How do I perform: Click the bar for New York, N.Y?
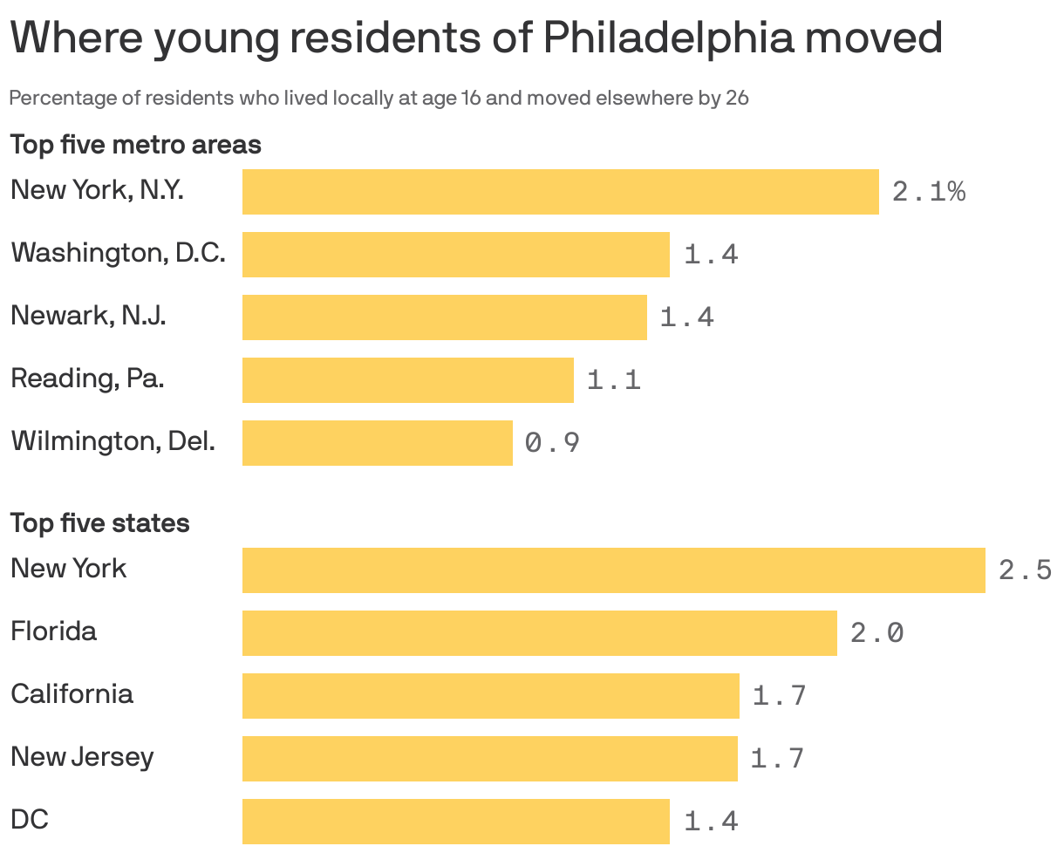pyautogui.click(x=560, y=192)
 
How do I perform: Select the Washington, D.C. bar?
pyautogui.click(x=455, y=255)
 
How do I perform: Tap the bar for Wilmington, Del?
pyautogui.click(x=377, y=443)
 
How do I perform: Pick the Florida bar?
pyautogui.click(x=539, y=633)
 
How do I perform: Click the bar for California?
pyautogui.click(x=490, y=696)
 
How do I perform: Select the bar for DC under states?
pyautogui.click(x=455, y=822)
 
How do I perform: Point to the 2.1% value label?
pyautogui.click(x=929, y=192)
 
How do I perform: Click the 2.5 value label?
pyautogui.click(x=1025, y=570)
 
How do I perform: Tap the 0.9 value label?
pyautogui.click(x=552, y=443)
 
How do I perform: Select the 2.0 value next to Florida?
pyautogui.click(x=876, y=633)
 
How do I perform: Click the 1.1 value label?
pyautogui.click(x=614, y=380)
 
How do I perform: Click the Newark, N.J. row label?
pyautogui.click(x=88, y=315)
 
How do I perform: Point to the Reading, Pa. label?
pyautogui.click(x=87, y=379)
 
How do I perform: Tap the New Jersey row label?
pyautogui.click(x=82, y=756)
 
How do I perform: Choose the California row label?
pyautogui.click(x=72, y=693)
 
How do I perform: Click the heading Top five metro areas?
pyautogui.click(x=135, y=144)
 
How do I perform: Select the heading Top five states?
pyautogui.click(x=99, y=522)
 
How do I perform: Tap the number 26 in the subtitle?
pyautogui.click(x=737, y=98)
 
